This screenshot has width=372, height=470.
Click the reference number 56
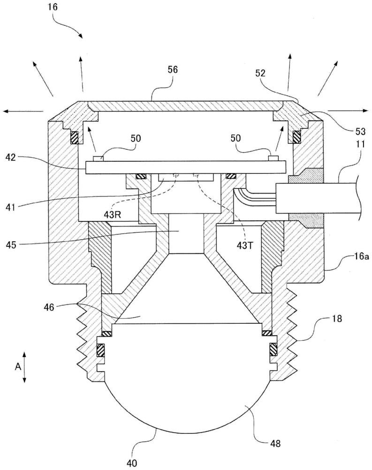173,70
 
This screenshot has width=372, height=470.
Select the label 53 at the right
360,131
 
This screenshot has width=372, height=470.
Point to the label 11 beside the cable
361,144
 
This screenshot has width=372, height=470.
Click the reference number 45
11,245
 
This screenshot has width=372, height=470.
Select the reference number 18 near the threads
337,318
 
